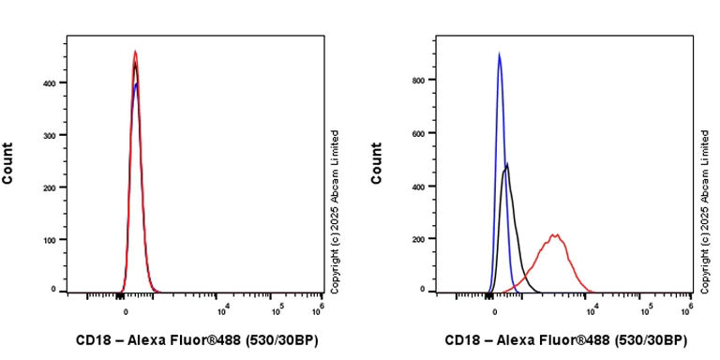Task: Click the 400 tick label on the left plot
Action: click(x=51, y=82)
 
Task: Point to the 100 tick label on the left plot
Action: click(x=51, y=239)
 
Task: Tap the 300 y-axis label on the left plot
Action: click(x=51, y=135)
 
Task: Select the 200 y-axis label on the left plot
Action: click(x=51, y=187)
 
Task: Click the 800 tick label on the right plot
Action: click(x=420, y=81)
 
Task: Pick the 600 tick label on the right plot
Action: click(x=420, y=133)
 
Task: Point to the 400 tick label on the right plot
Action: click(x=420, y=186)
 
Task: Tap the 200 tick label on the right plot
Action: click(x=420, y=238)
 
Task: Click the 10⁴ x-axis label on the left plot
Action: click(x=223, y=310)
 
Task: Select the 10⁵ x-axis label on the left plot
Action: click(x=277, y=310)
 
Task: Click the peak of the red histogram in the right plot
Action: click(x=555, y=234)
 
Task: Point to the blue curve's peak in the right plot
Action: click(x=499, y=53)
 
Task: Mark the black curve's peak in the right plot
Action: click(x=507, y=164)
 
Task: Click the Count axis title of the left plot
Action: click(x=8, y=163)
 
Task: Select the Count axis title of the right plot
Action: click(x=377, y=163)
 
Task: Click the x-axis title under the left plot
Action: click(x=197, y=340)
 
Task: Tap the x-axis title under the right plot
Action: click(x=566, y=340)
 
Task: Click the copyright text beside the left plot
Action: click(x=335, y=210)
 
